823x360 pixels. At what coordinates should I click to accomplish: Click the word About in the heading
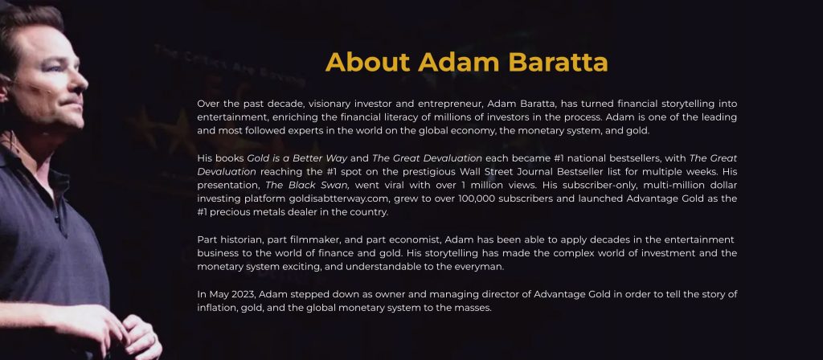(367, 62)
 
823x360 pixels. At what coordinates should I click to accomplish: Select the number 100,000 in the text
(476, 199)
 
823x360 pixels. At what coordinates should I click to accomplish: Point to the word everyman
(482, 267)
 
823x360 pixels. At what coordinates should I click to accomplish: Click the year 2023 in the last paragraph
(244, 294)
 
